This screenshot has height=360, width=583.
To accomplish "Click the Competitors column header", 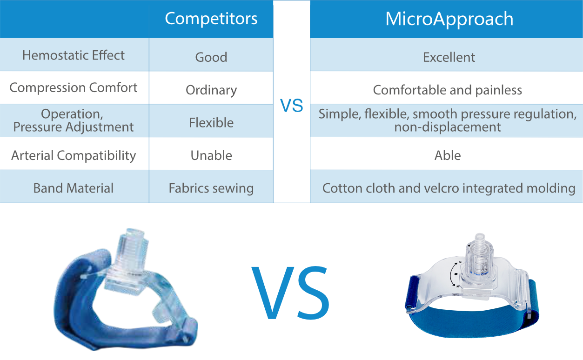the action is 211,19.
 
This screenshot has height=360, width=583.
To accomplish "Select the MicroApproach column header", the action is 449,19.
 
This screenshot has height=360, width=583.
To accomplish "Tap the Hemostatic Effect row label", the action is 74,55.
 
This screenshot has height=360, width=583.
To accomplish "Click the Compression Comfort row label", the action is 74,87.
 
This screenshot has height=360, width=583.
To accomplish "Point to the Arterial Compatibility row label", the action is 74,155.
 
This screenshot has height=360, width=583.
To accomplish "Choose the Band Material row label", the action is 74,188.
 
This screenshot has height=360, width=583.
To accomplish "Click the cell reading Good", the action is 211,57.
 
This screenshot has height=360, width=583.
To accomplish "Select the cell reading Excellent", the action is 449,57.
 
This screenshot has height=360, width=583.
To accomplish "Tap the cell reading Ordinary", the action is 211,90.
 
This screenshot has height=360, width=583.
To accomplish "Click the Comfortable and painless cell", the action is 448,90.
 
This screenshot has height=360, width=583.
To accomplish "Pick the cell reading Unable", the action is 211,155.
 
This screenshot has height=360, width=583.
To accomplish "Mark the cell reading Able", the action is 448,155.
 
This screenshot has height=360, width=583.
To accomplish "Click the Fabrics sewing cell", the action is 211,188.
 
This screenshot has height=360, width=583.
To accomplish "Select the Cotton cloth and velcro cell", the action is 449,188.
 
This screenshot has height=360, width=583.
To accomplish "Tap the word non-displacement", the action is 448,127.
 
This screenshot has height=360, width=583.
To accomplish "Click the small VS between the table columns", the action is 291,105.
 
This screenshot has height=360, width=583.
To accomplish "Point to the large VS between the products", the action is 290,293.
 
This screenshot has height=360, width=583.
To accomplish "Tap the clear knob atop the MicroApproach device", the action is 479,263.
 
